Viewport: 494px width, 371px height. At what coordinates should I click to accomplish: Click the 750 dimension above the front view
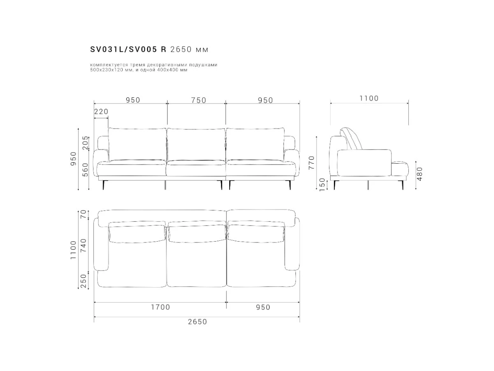pos(198,100)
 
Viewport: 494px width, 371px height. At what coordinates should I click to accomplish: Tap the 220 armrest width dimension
pos(101,111)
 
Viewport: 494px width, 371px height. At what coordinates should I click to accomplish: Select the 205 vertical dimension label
pos(86,143)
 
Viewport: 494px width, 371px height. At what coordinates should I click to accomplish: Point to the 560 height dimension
pos(86,170)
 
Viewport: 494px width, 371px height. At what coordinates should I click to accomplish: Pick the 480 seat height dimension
pos(419,174)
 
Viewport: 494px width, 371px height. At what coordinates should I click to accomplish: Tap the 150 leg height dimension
pos(322,185)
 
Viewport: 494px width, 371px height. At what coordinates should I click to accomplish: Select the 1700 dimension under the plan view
pos(160,307)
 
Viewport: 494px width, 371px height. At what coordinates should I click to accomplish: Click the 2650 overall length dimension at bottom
pos(197,322)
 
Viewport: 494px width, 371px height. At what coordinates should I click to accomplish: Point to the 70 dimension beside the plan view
pos(83,214)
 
